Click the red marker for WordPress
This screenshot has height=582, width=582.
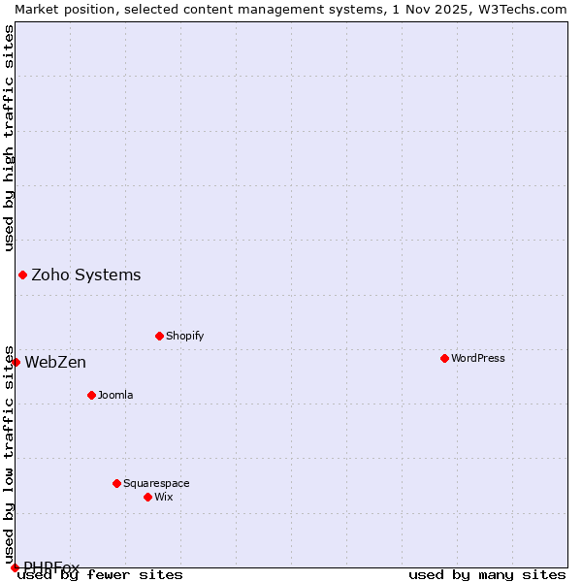[x=444, y=358]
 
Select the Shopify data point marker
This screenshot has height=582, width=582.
[x=159, y=336]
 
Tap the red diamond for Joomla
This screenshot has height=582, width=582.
[x=91, y=395]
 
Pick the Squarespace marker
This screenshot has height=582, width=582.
[x=116, y=483]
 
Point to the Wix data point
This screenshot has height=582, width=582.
[x=147, y=497]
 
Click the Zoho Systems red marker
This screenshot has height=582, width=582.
[x=22, y=275]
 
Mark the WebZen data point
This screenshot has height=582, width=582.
[x=16, y=362]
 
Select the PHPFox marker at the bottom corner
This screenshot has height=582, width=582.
[x=15, y=567]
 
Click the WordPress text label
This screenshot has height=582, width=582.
[x=478, y=358]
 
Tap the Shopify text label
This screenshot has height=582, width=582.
[x=184, y=336]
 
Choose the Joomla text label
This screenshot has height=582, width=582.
[x=115, y=395]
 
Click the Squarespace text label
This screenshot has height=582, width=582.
[x=156, y=483]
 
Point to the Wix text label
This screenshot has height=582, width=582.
[x=163, y=497]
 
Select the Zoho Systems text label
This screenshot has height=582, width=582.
[x=86, y=275]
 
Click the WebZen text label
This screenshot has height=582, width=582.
[x=55, y=362]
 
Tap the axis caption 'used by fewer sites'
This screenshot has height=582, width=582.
[x=100, y=574]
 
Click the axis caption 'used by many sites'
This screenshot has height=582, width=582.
[x=487, y=574]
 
